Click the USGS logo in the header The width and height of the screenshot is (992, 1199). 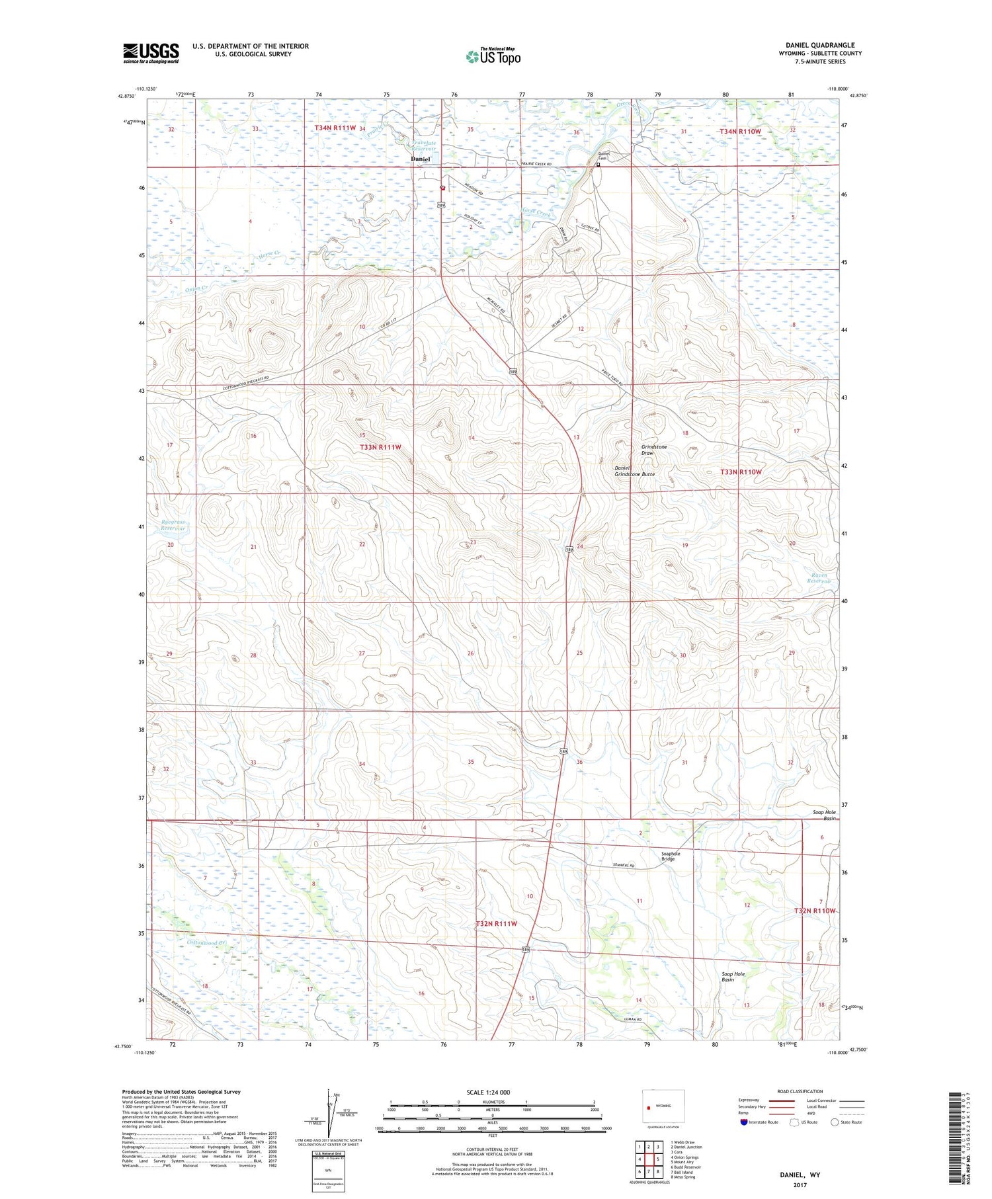pos(151,53)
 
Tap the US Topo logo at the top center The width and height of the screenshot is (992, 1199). pos(493,57)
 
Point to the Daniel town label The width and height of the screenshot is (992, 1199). pos(420,159)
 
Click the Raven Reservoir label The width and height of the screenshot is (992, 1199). pos(819,578)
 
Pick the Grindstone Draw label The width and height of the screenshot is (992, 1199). pos(654,450)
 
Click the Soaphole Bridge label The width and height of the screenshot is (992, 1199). pos(670,856)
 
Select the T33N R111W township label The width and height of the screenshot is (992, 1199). pos(380,447)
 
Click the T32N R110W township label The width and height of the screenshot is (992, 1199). pos(815,911)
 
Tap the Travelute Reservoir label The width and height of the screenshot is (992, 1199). pos(423,146)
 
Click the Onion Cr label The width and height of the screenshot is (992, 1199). pos(197,288)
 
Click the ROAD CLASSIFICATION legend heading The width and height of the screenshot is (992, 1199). pos(800,1091)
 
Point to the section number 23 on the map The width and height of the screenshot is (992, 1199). pos(472,542)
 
